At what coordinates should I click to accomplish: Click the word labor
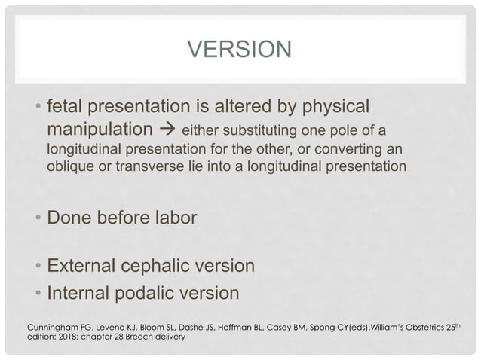176,218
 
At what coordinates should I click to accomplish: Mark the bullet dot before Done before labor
38,219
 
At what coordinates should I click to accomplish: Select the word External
79,267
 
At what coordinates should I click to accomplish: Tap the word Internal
76,291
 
